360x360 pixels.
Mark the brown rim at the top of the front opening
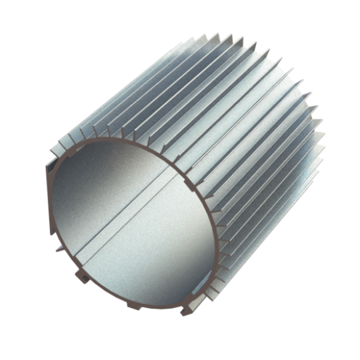133,139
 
